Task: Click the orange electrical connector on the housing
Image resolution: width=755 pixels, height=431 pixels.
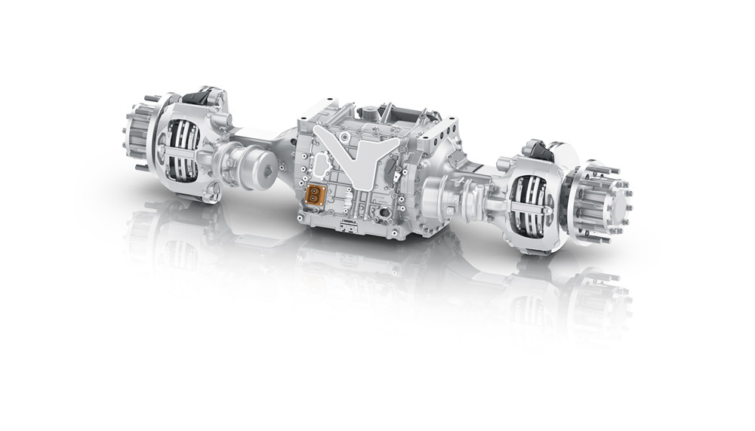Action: click(x=313, y=195)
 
